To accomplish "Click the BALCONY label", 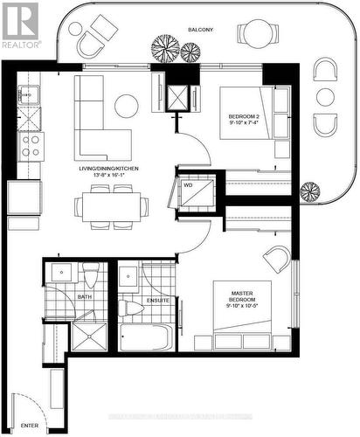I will pos(200,31).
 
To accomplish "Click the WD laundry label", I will pos(188,185).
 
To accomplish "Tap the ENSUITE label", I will pos(157,301).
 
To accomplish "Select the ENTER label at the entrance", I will pos(31,426).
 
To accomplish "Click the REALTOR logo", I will pos(21,24).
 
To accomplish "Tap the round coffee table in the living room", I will pos(126,107).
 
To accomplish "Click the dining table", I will pos(111,206).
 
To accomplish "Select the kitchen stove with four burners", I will pos(31,145).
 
